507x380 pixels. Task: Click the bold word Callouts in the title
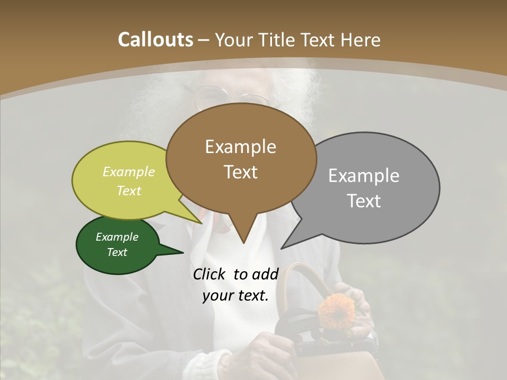point(155,40)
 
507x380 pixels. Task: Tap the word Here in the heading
point(361,40)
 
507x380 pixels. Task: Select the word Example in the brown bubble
point(240,147)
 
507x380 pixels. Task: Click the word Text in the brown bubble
point(240,172)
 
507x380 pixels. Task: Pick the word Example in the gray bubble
point(363,176)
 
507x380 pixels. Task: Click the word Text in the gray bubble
point(364,201)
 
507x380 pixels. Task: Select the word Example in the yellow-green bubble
point(129,172)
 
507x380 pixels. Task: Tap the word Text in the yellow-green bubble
point(128,191)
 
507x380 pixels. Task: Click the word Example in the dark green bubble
point(117,237)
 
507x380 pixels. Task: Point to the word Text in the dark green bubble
point(117,252)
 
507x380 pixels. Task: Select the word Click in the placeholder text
point(209,274)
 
